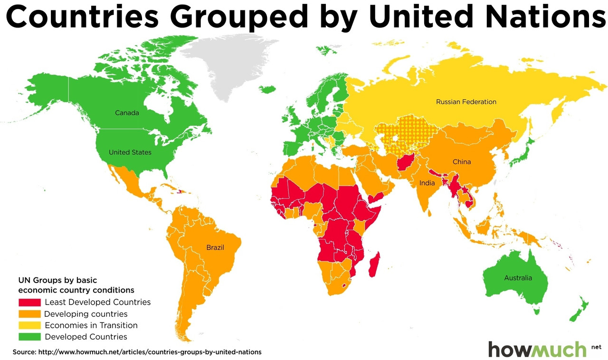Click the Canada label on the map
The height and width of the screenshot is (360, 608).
click(127, 113)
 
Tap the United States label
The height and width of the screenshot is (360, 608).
click(130, 152)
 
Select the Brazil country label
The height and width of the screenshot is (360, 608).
click(215, 247)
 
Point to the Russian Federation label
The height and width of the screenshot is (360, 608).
click(466, 102)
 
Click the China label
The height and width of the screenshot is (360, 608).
click(461, 162)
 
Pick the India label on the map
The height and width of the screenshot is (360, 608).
click(427, 183)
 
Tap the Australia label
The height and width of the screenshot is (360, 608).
click(518, 278)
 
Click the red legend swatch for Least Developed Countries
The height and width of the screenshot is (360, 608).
click(29, 303)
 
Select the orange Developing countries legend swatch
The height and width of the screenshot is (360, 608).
click(29, 314)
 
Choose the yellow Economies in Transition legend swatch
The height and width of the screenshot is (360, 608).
click(29, 326)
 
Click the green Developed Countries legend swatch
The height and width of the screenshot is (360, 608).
click(29, 337)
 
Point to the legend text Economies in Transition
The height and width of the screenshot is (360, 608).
click(91, 326)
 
